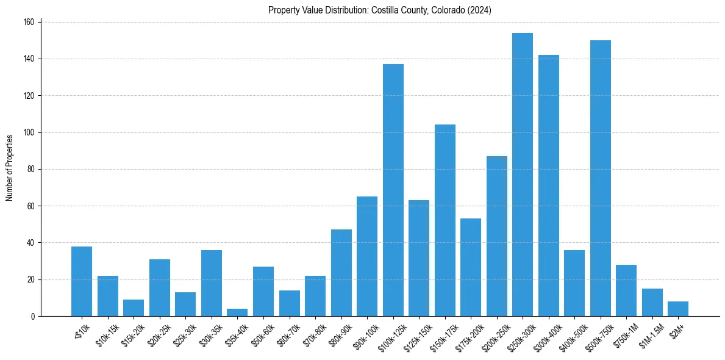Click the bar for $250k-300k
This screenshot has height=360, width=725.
[523, 175]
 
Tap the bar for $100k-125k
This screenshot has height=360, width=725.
[393, 190]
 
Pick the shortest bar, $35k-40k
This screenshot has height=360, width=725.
[237, 312]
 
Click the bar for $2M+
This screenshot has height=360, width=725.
[678, 309]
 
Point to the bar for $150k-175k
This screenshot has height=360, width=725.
[445, 220]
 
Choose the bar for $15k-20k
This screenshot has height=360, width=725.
[134, 308]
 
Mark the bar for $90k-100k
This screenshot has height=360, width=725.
[367, 256]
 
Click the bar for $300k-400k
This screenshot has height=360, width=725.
[549, 185]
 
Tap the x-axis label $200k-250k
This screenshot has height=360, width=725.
[492, 335]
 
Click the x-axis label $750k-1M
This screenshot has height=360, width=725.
[623, 334]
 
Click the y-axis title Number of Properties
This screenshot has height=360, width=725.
[9, 168]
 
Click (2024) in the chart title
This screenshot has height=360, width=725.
[479, 10]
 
